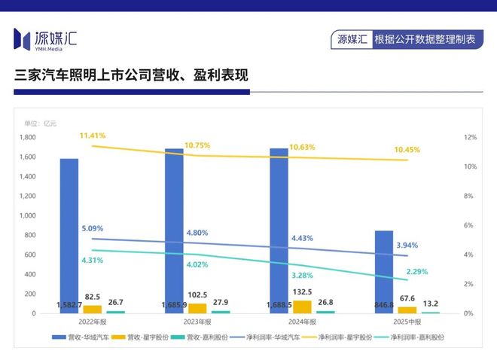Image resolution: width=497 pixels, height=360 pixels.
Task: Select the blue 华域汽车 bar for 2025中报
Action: click(x=383, y=271)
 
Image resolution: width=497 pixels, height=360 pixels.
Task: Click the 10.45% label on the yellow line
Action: click(x=407, y=150)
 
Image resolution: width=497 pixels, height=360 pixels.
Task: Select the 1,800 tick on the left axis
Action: click(x=28, y=138)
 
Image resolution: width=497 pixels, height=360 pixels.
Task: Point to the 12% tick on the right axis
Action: click(x=470, y=138)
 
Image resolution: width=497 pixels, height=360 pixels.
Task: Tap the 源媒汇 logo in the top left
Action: click(x=45, y=38)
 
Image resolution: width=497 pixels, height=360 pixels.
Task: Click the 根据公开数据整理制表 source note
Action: click(x=425, y=39)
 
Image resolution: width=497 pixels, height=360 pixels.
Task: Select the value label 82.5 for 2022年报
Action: click(x=93, y=297)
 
